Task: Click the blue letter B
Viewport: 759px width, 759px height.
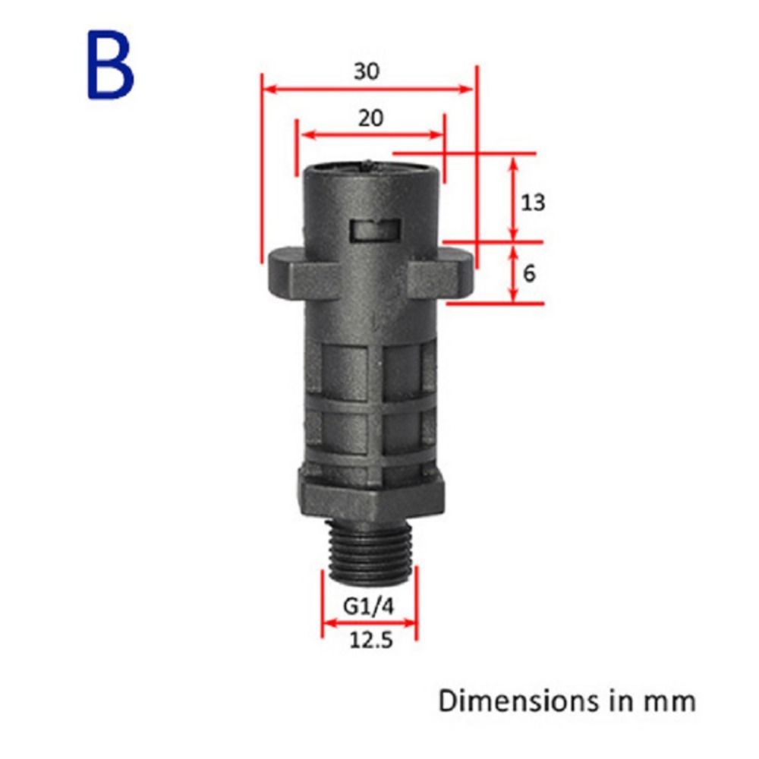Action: (111, 65)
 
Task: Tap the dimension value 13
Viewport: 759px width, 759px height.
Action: (534, 203)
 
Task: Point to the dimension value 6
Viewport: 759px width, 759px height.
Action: (529, 272)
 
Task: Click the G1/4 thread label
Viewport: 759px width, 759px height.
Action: (370, 608)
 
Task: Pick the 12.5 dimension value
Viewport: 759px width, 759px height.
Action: (370, 641)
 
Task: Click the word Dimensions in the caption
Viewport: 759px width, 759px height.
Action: (503, 701)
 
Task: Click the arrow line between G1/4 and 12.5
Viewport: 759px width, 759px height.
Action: (370, 625)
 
